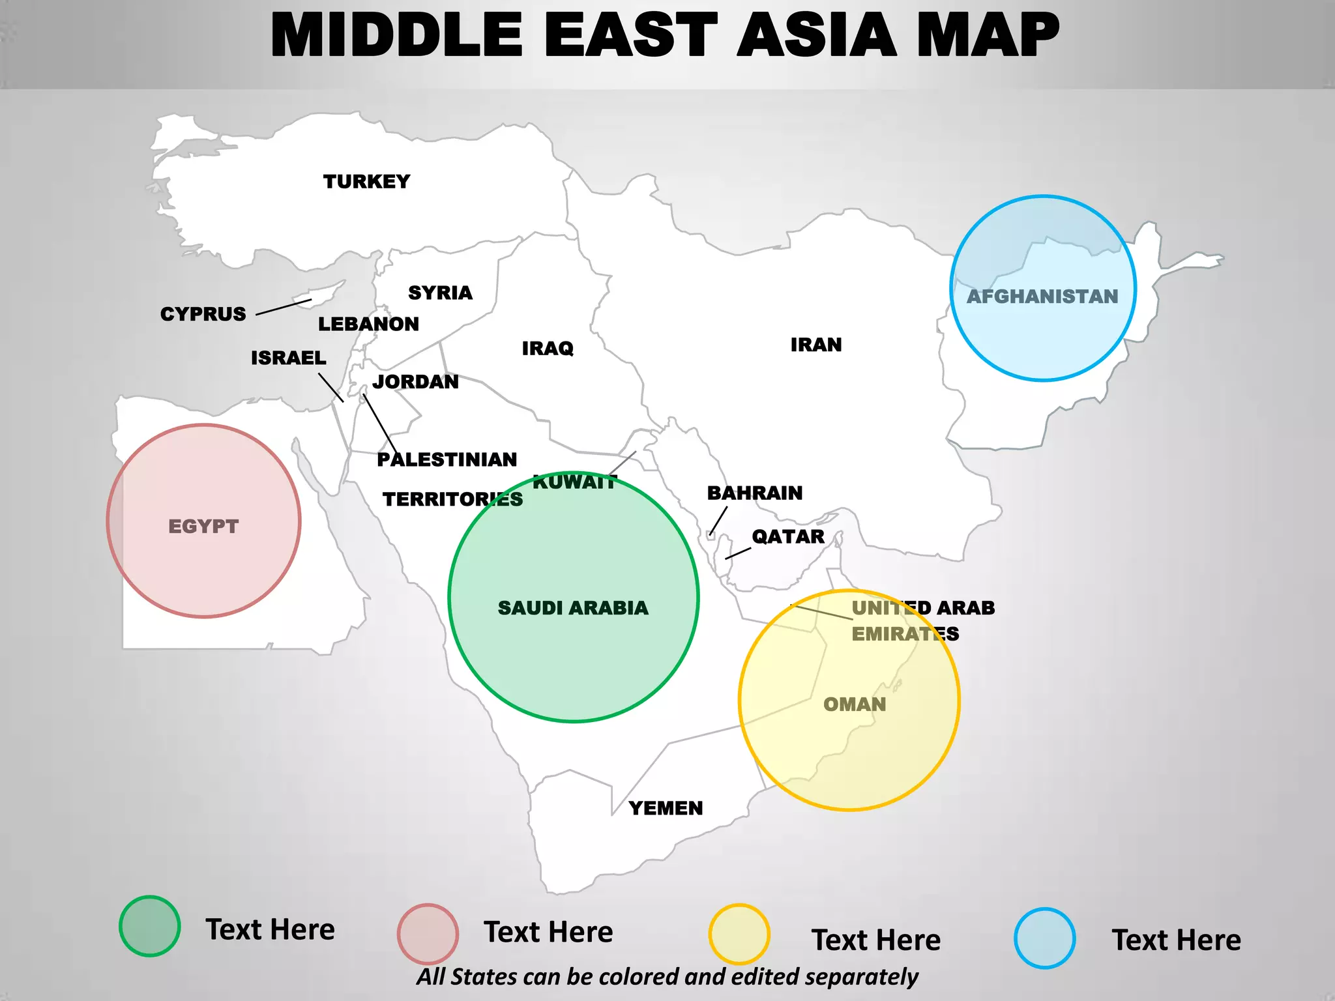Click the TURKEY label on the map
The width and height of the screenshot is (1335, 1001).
coord(366,181)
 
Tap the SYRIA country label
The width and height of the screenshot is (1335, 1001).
coord(440,293)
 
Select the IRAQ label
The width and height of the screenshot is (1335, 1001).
coord(548,348)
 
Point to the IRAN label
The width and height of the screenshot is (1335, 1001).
coord(816,344)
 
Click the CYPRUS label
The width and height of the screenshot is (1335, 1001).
coord(203,313)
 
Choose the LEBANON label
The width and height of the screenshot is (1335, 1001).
coord(368,324)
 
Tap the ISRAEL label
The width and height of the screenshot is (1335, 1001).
coord(288,358)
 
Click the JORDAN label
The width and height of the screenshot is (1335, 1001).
coord(415,381)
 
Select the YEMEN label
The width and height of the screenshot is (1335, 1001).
coord(666,808)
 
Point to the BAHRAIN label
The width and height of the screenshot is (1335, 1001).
coord(755,493)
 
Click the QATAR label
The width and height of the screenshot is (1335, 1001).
coord(788,536)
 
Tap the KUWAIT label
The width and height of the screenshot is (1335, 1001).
coord(574,482)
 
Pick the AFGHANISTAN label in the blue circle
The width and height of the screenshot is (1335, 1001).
coord(1042,297)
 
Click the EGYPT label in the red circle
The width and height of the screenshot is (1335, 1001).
coord(203,526)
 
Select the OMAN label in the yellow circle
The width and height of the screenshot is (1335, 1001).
coord(855,704)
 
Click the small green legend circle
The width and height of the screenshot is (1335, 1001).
coord(150,926)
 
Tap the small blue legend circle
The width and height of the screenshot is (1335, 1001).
coord(1044,938)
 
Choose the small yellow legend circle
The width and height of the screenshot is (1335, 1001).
coord(739,934)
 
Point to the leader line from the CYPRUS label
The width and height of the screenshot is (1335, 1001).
coord(284,307)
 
